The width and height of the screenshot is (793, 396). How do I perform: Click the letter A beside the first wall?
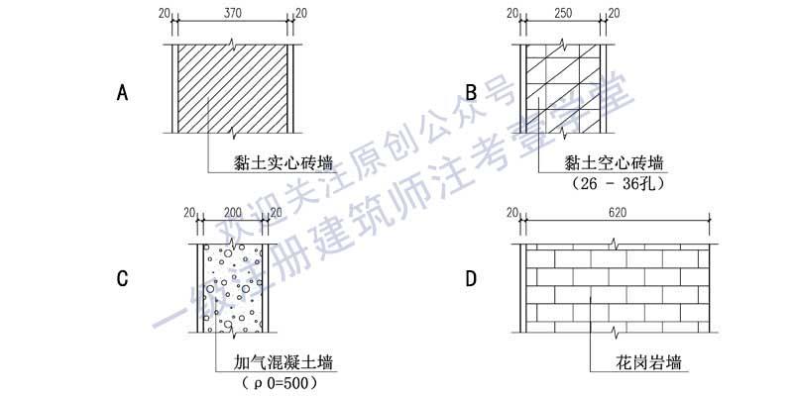(x=122, y=93)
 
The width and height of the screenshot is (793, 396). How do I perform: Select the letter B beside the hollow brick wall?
(x=471, y=93)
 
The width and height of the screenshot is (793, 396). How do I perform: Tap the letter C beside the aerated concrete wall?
(x=122, y=279)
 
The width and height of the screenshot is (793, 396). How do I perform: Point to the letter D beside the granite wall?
(x=471, y=279)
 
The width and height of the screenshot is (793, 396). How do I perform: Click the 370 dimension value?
(x=233, y=14)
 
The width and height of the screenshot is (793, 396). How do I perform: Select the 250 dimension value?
(x=562, y=14)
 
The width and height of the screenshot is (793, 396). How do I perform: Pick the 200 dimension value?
(x=233, y=213)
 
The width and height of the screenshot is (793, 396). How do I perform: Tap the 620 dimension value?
(x=617, y=213)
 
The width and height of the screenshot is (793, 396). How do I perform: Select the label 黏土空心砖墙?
(x=614, y=163)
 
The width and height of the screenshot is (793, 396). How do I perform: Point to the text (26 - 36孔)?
(x=618, y=184)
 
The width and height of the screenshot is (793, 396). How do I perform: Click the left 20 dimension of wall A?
(x=164, y=14)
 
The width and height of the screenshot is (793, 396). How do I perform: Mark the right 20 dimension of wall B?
(x=614, y=14)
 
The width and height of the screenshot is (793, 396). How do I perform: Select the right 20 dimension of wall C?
(x=277, y=213)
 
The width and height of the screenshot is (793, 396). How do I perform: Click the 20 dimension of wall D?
(x=512, y=213)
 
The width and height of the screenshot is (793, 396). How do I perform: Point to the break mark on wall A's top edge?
(x=232, y=44)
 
